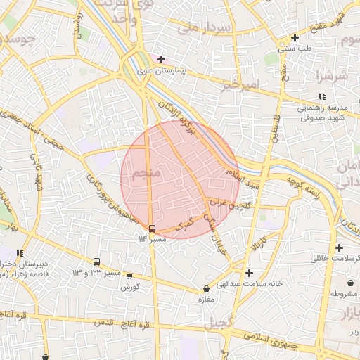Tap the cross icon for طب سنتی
pos(295,37)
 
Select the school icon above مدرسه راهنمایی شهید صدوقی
pos(322,96)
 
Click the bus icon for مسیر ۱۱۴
pos(152,229)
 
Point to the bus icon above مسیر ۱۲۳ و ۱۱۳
pos(96,262)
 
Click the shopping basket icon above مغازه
pos(206,289)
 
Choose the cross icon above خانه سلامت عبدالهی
pos(249,272)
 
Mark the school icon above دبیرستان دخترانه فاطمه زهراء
pos(20,253)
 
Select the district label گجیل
pos(217,324)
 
